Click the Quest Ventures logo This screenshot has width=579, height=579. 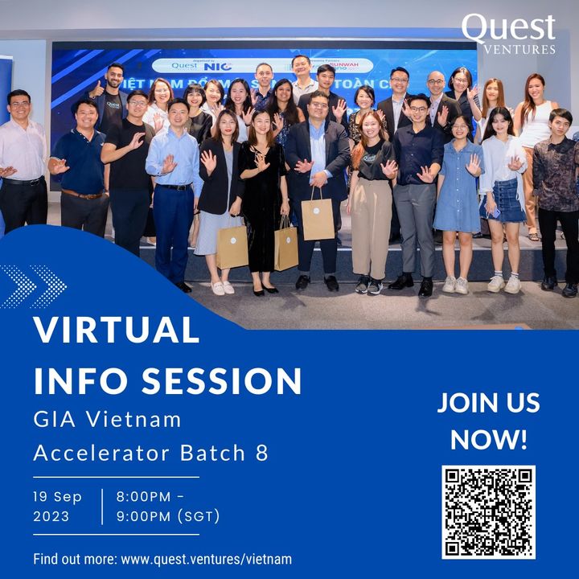508,34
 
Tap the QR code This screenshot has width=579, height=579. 488,512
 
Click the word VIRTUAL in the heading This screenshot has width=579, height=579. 117,331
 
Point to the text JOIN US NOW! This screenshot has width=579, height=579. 488,421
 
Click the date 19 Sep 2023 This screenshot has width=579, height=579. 57,507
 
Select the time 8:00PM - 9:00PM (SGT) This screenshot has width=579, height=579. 168,507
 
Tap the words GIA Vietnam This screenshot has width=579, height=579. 107,419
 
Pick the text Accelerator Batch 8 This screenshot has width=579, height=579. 150,453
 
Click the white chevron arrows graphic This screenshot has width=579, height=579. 34,286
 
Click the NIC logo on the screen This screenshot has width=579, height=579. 212,65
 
